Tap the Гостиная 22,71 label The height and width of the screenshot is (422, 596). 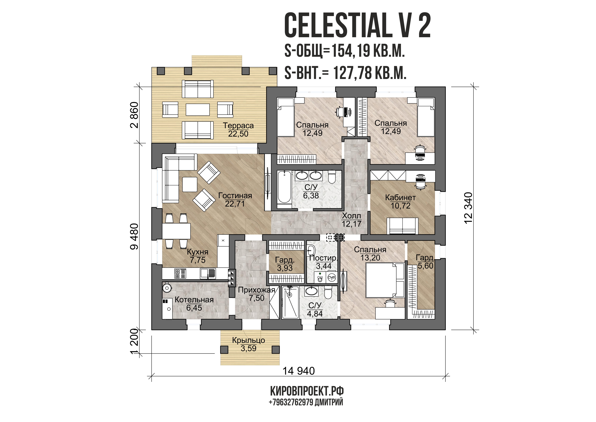coord(235,200)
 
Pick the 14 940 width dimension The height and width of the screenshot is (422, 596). coord(298,371)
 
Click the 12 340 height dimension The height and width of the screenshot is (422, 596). coord(468,208)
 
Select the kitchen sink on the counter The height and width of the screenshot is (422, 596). coord(208,273)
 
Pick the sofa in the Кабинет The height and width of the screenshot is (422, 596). coord(402,226)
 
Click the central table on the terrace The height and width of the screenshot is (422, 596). coord(198,110)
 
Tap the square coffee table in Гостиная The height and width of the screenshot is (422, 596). coord(190,184)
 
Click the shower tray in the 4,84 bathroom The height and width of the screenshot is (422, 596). coord(290,302)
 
